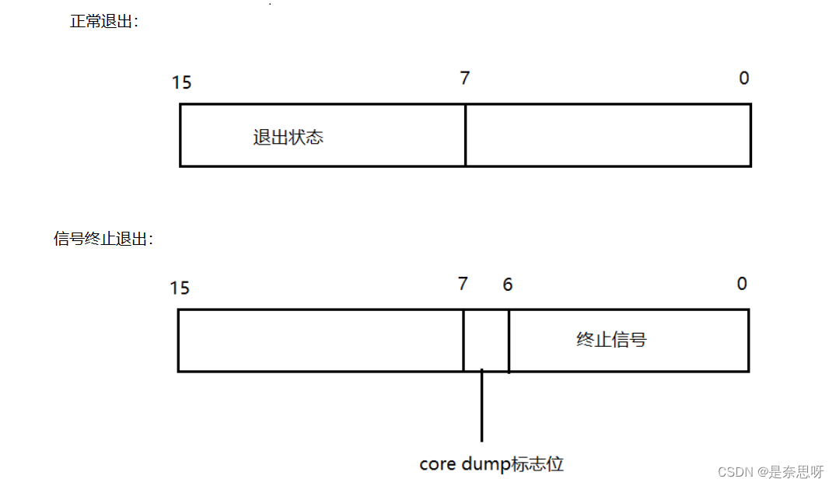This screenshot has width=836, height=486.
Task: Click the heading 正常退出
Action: (103, 22)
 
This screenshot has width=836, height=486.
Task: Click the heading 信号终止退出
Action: (103, 240)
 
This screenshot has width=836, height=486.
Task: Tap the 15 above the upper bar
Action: (182, 82)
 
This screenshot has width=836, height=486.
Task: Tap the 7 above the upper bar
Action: (465, 79)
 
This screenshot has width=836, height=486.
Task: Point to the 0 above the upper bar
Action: (744, 79)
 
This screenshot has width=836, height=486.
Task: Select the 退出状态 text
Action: (288, 138)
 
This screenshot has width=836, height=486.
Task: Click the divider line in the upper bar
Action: (465, 135)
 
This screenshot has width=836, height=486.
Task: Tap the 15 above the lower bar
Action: (180, 288)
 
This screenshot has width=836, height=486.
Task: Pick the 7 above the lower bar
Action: (463, 284)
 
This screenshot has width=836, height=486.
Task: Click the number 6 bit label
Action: (508, 285)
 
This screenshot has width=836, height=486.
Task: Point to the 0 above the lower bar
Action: (742, 284)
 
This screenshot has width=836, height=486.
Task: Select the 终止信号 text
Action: (611, 340)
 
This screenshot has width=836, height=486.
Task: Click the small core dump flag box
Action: (486, 341)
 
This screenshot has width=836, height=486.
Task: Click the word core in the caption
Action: (437, 465)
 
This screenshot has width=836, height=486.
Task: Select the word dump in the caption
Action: (485, 465)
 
